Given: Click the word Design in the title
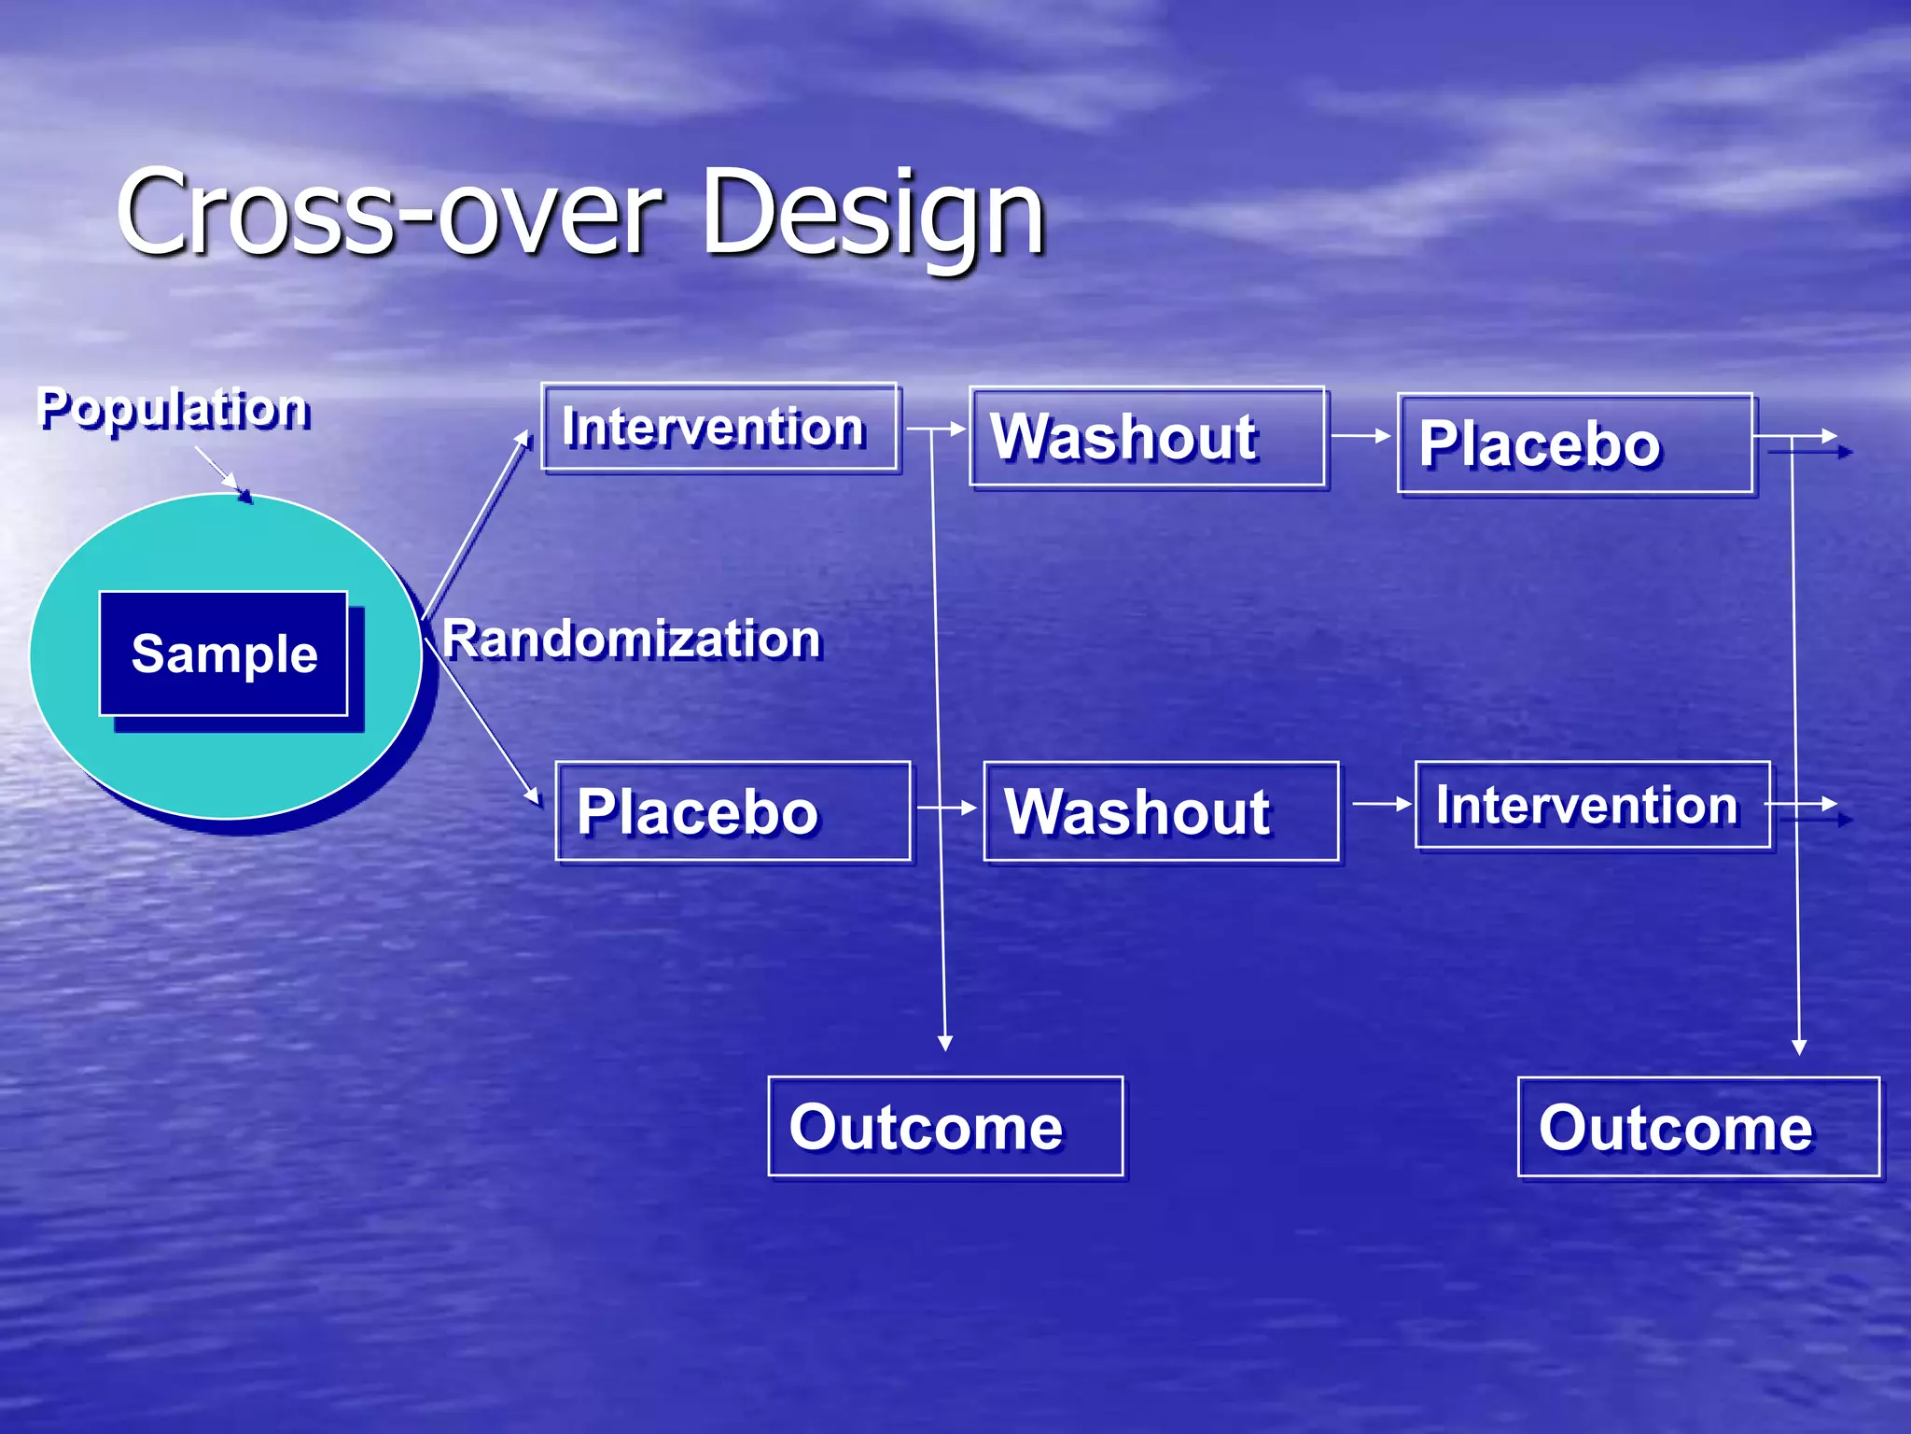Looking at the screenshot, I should [x=872, y=213].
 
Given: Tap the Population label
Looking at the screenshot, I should [x=174, y=409].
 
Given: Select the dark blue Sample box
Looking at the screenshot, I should [x=224, y=654].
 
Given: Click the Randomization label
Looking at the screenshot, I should [x=632, y=640].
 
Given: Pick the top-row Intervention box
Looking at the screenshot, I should [x=719, y=428].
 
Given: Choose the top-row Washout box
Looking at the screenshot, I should [x=1147, y=437].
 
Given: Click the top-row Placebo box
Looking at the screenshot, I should [x=1574, y=443].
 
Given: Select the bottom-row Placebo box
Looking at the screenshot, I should [x=732, y=811].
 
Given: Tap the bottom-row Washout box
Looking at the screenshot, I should [x=1161, y=811].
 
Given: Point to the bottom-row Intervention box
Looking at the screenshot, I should [x=1592, y=805].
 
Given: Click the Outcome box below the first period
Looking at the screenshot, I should [x=945, y=1126].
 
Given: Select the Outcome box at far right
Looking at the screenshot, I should [x=1697, y=1127].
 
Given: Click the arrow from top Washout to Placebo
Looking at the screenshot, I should [x=1360, y=435].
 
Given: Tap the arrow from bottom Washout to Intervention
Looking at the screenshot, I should [x=1381, y=803].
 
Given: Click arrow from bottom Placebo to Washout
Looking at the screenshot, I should [x=947, y=807].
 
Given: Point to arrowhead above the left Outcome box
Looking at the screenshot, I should [x=944, y=1042].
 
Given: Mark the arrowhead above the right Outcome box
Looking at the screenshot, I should [x=1799, y=1047].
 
